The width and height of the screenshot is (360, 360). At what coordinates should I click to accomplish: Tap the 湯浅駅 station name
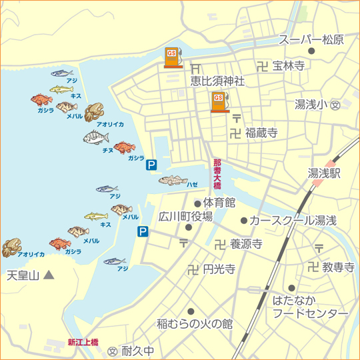[x=324, y=173]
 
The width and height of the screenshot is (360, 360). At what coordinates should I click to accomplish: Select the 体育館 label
[x=219, y=202]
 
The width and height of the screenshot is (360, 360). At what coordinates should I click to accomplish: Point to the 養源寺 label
[x=245, y=245]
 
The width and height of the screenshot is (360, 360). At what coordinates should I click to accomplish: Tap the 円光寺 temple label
[x=219, y=269]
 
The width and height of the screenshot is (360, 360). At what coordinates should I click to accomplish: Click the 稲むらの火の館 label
[x=195, y=324]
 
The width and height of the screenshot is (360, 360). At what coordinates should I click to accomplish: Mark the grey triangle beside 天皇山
[x=48, y=274]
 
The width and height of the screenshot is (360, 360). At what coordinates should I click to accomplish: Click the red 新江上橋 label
[x=83, y=342]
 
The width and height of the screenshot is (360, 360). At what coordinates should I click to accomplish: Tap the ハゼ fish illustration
[x=173, y=180]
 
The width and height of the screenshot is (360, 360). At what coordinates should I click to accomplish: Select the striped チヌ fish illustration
[x=96, y=138]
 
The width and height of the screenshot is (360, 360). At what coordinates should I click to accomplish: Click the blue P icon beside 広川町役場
[x=143, y=231]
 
